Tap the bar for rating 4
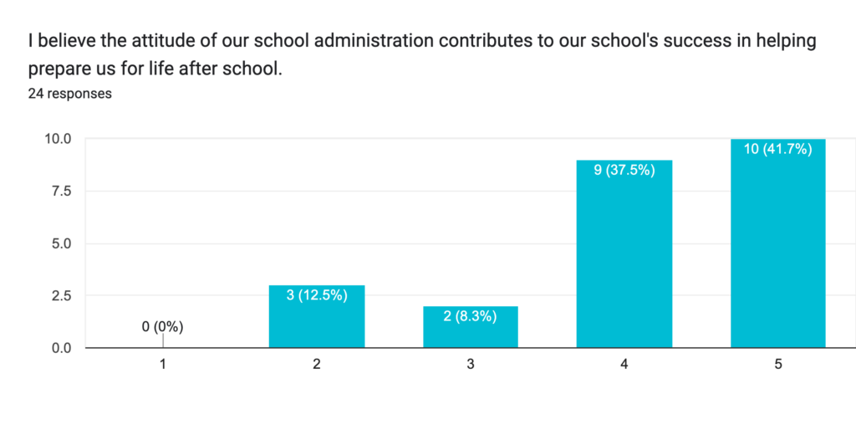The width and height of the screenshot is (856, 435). pyautogui.click(x=624, y=259)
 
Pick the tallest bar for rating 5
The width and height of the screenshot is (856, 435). pyautogui.click(x=777, y=251)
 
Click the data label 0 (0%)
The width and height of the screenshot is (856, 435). pyautogui.click(x=162, y=327)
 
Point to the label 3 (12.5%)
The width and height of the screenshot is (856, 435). pyautogui.click(x=317, y=295)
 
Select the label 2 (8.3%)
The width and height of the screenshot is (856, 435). pyautogui.click(x=471, y=316)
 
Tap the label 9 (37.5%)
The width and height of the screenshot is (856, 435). pyautogui.click(x=624, y=170)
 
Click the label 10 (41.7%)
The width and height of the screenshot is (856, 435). pyautogui.click(x=777, y=149)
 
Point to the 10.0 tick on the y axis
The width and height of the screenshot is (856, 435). pyautogui.click(x=58, y=139)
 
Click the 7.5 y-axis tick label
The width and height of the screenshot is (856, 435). pyautogui.click(x=61, y=192)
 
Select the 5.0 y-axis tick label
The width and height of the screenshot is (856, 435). pyautogui.click(x=61, y=243)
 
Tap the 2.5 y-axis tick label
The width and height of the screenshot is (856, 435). pyautogui.click(x=61, y=295)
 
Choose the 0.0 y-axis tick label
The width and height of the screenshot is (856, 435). pyautogui.click(x=61, y=348)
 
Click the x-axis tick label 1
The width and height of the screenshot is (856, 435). pyautogui.click(x=163, y=365)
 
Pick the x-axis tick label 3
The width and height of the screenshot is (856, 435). pyautogui.click(x=471, y=365)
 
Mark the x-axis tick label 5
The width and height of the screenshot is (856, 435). pyautogui.click(x=777, y=365)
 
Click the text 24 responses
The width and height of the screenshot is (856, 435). pyautogui.click(x=70, y=94)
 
